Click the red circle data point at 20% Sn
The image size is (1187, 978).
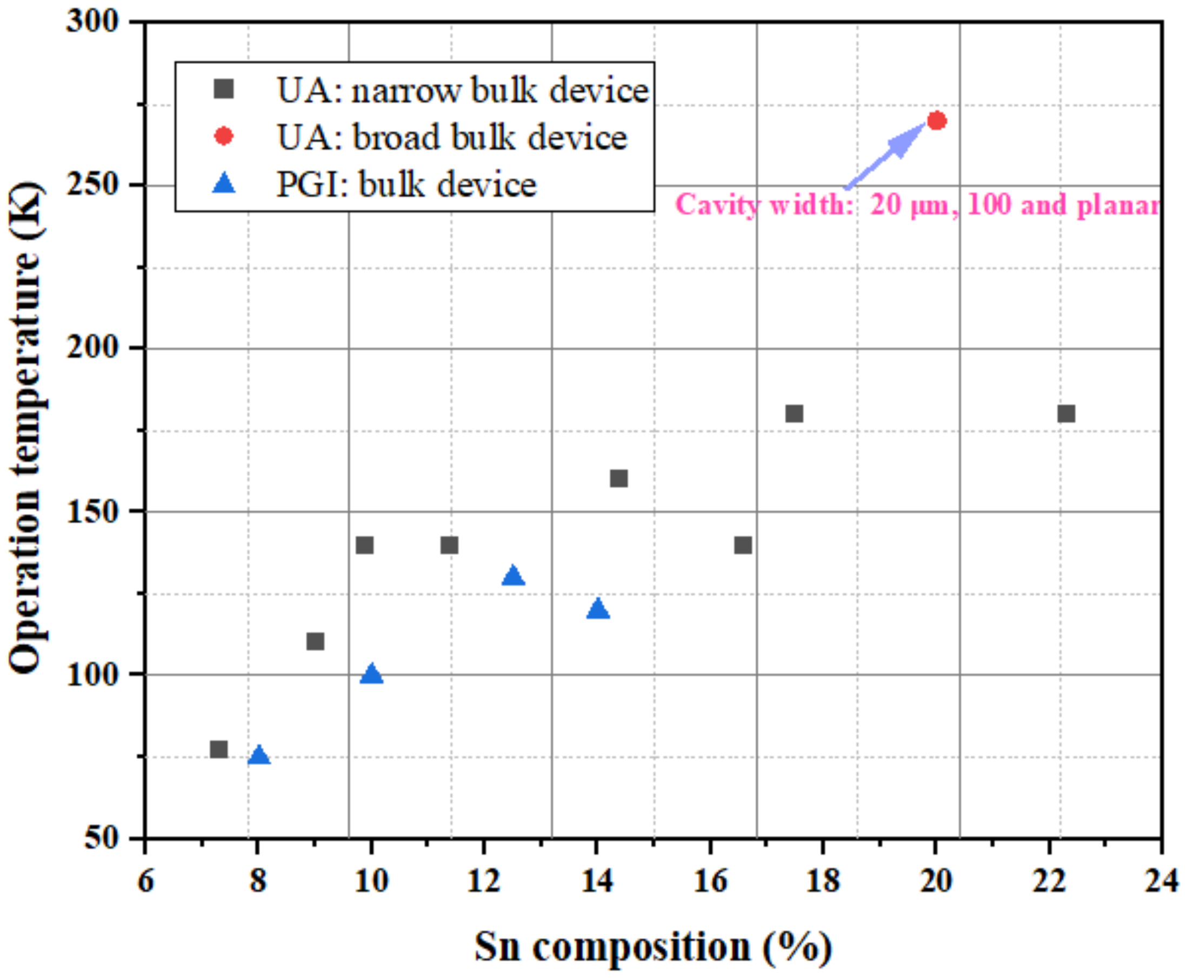point(936,121)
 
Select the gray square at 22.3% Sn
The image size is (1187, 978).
point(1066,414)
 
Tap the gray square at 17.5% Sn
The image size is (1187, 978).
point(794,414)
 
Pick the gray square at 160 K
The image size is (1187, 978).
point(618,478)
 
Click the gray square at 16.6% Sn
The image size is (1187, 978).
point(743,545)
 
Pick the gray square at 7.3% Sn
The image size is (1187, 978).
point(218,749)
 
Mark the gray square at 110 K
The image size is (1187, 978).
point(315,641)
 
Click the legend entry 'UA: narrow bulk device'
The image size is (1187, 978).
point(462,90)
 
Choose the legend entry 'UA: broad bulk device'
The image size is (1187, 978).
point(451,137)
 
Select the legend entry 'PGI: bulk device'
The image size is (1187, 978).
point(405,184)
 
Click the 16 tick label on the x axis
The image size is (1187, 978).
point(709,880)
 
